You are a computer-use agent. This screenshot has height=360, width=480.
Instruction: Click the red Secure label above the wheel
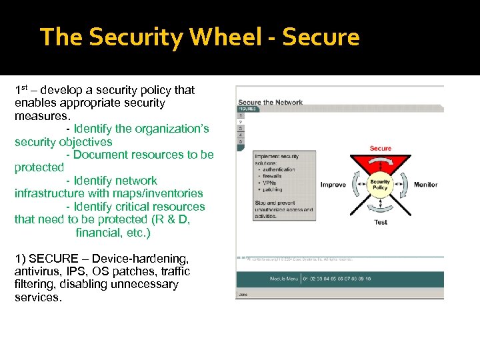[381, 148]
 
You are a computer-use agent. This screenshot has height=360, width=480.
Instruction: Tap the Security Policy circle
[380, 185]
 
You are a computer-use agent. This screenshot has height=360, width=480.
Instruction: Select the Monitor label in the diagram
[425, 185]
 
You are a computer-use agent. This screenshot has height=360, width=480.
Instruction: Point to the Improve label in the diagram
[333, 185]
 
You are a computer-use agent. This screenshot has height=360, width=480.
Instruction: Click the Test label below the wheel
[381, 222]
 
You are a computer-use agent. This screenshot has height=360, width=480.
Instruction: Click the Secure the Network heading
[271, 102]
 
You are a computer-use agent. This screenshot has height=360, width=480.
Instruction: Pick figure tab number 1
[241, 115]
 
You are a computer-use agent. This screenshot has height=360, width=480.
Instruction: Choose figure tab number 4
[241, 135]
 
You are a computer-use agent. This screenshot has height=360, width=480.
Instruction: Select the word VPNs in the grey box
[269, 183]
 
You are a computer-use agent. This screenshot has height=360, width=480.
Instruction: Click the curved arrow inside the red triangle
[381, 166]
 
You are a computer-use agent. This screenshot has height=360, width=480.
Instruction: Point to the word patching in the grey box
[273, 189]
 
